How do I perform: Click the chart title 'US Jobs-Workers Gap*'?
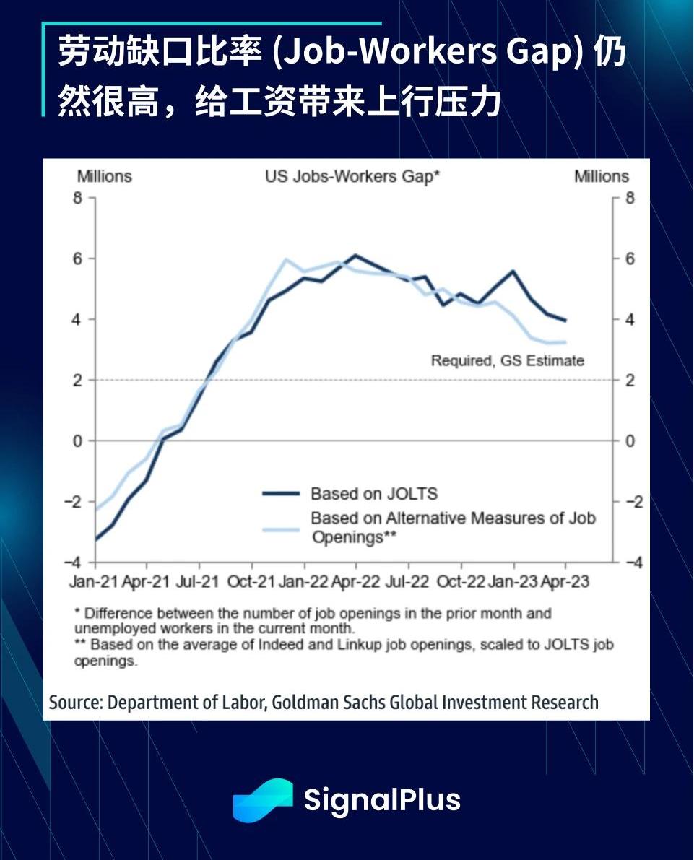pos(352,177)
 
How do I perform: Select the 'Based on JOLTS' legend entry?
pos(373,494)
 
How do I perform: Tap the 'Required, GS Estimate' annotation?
pos(507,360)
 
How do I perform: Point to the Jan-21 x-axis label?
pos(94,582)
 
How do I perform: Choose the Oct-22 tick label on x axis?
pos(459,582)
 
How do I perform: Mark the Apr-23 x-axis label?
pos(564,582)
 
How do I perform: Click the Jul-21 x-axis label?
pos(198,582)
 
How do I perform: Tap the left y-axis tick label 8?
pos(79,198)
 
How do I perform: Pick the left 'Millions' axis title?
pos(105,177)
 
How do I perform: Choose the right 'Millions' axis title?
pos(602,177)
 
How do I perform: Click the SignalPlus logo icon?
pos(262,800)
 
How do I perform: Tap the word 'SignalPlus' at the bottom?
pos(382,800)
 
